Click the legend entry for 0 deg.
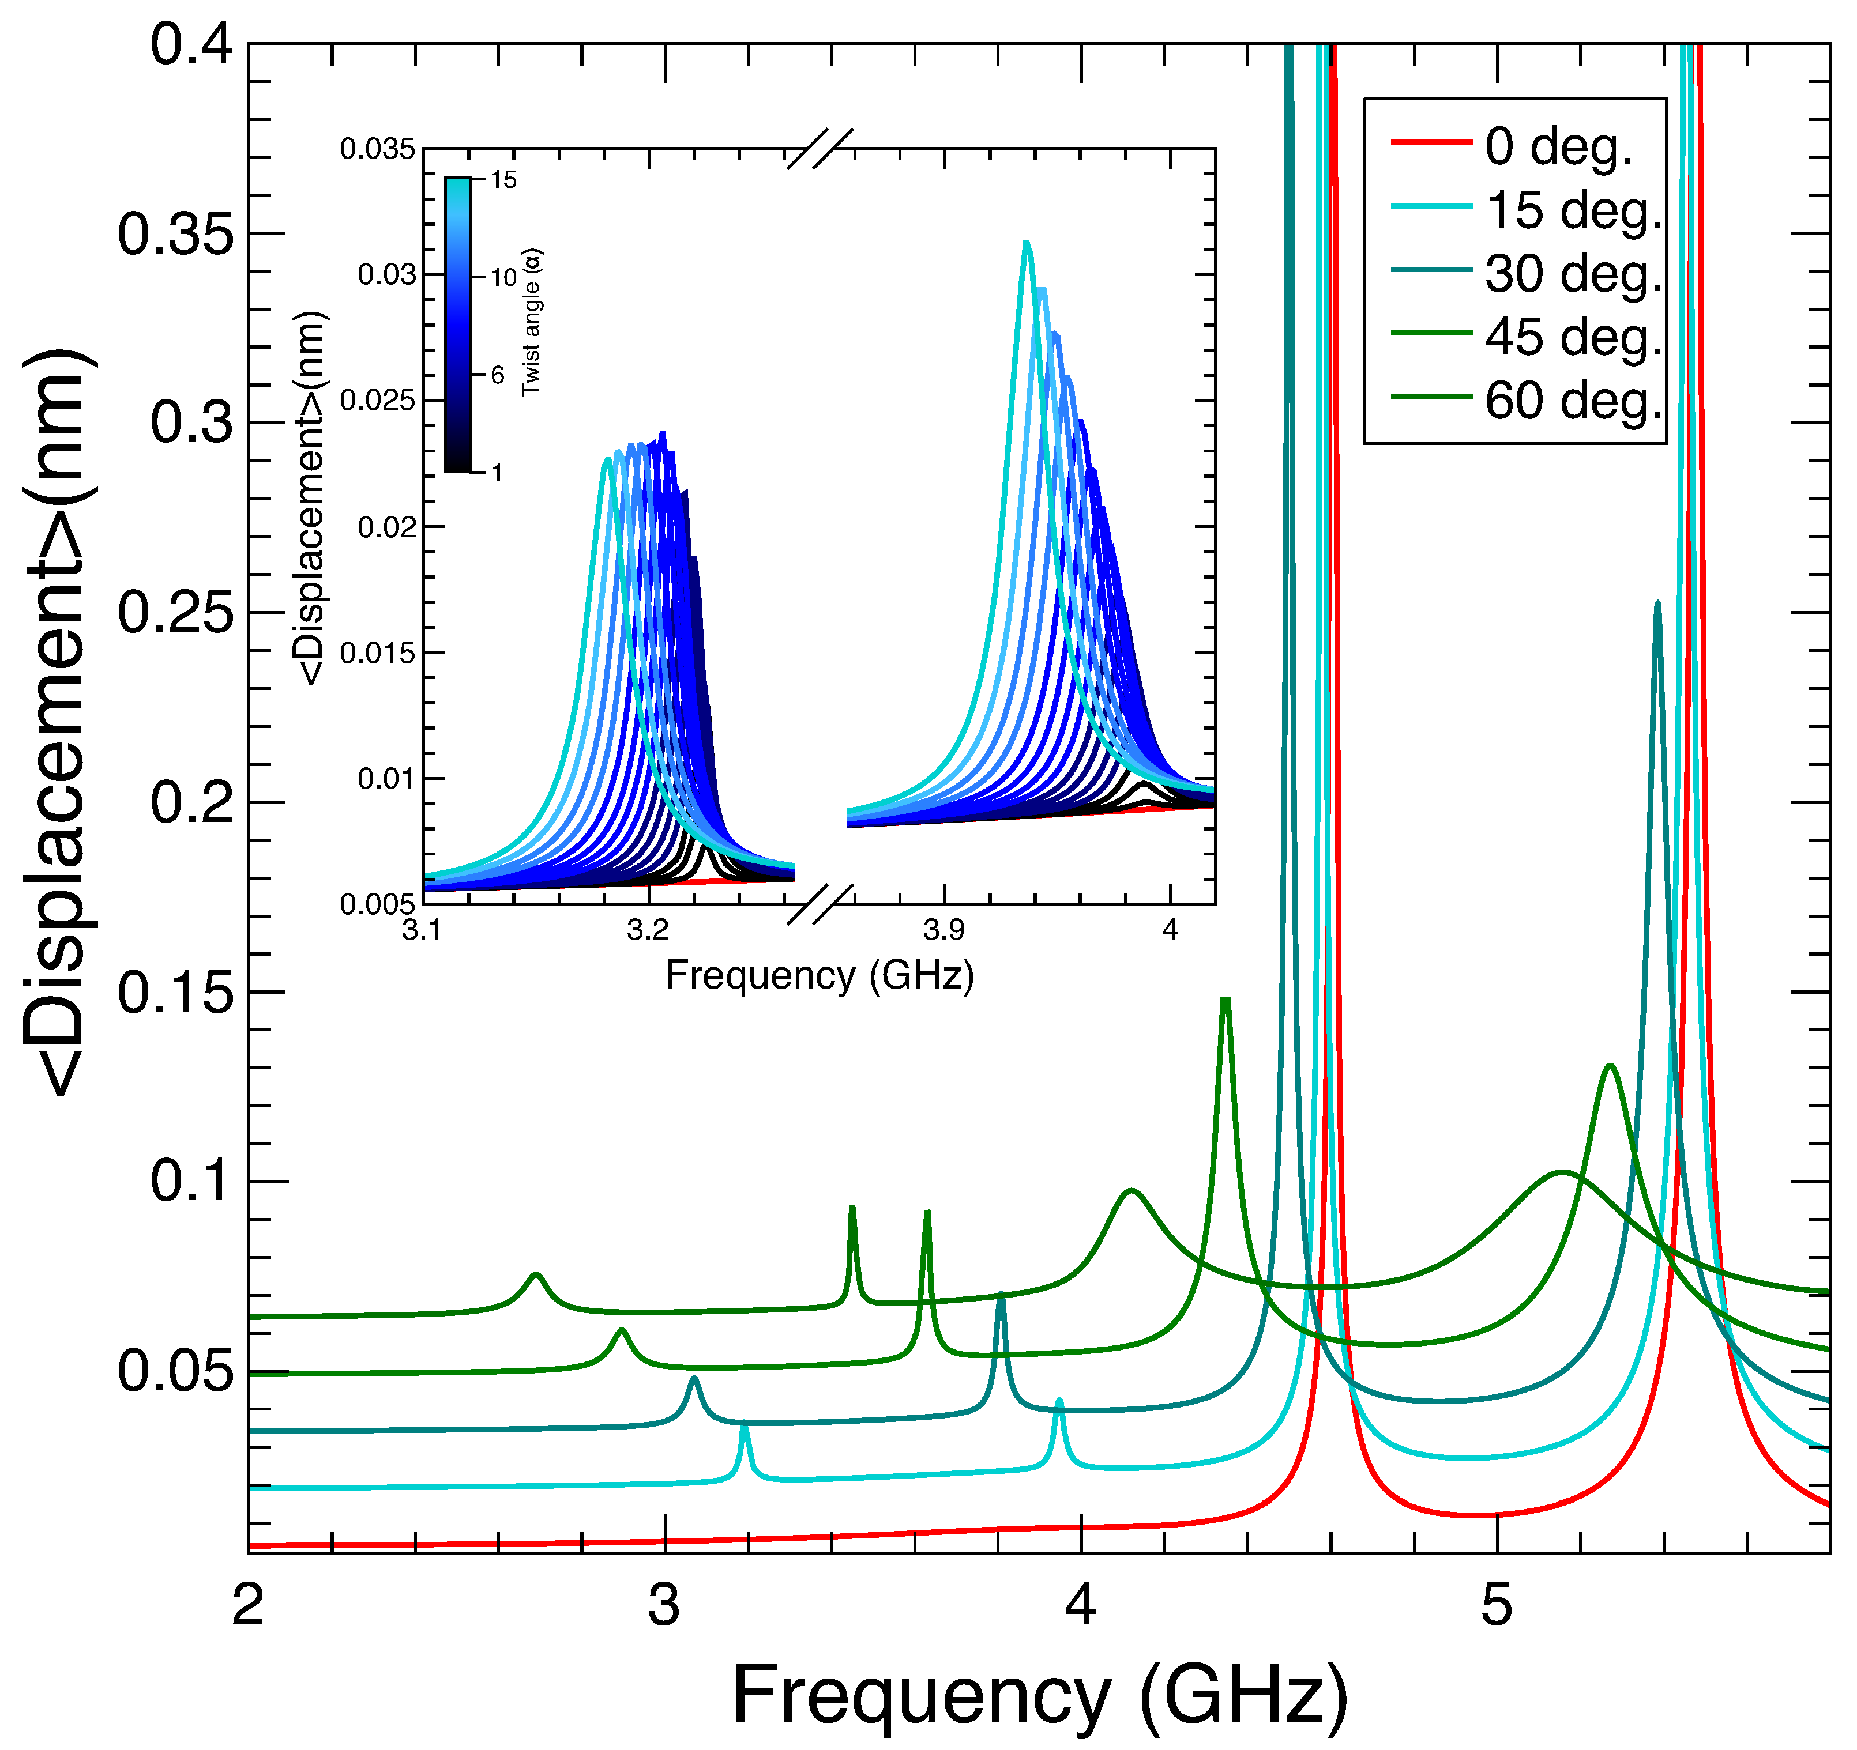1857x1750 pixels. [1557, 146]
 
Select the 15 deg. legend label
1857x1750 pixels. [1573, 210]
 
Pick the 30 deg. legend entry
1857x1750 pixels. [1573, 274]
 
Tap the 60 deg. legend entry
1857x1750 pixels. [1573, 402]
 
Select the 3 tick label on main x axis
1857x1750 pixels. [664, 1606]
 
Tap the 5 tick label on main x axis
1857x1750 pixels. [1497, 1606]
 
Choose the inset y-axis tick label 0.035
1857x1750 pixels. [377, 149]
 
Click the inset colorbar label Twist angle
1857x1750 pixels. [532, 322]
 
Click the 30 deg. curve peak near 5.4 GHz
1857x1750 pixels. [1657, 604]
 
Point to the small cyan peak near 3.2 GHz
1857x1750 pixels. [745, 1426]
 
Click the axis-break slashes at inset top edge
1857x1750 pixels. [820, 149]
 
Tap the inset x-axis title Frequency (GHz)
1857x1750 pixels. [819, 976]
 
